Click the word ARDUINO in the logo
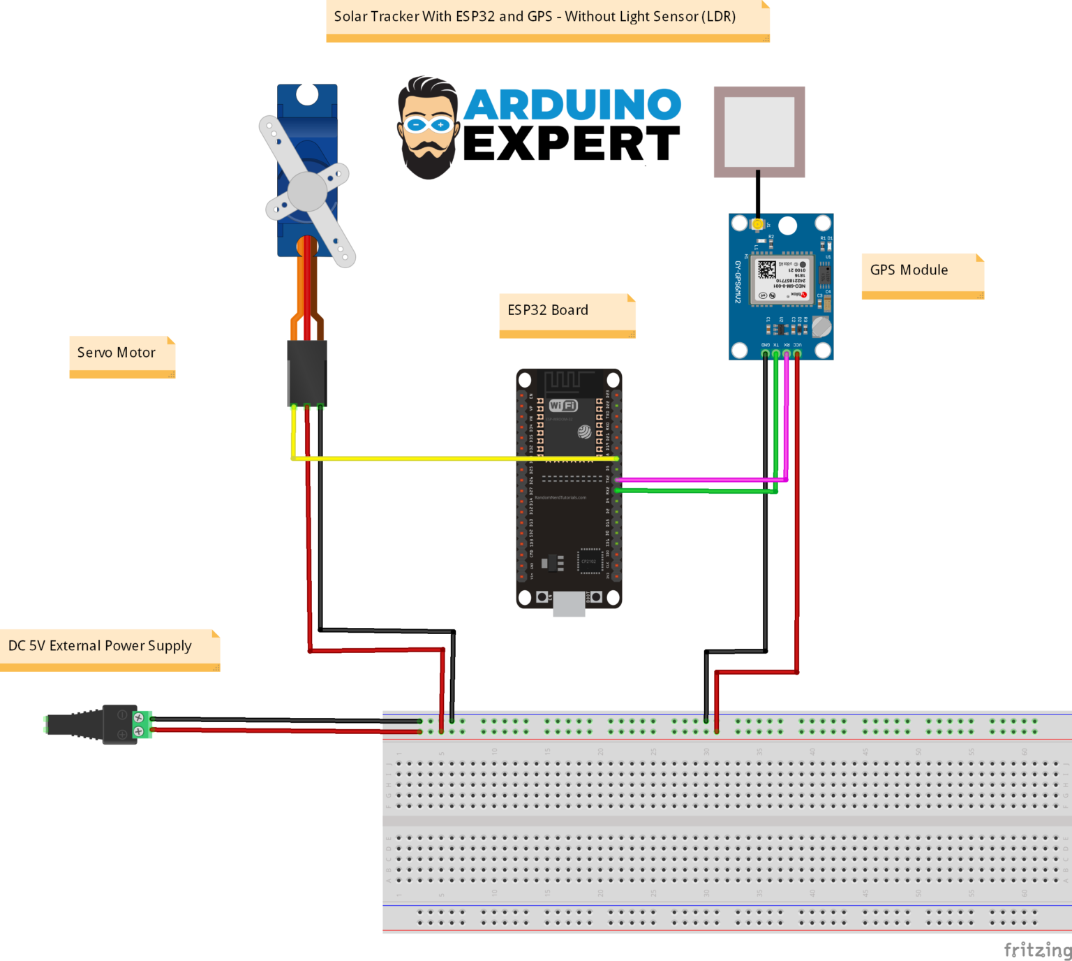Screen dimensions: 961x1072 coord(572,105)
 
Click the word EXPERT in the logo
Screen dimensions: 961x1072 coord(571,144)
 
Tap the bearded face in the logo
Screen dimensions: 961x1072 coord(428,129)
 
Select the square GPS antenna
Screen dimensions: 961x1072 coord(759,132)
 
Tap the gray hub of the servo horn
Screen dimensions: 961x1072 coord(307,191)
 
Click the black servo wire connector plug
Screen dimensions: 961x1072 coord(307,373)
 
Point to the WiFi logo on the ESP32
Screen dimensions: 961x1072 coord(563,406)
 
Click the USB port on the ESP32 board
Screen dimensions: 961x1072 coord(569,603)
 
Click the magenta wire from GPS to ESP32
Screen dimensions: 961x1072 coord(698,480)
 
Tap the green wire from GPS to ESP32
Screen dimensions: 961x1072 coord(698,491)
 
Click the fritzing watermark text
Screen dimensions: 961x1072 coord(1037,950)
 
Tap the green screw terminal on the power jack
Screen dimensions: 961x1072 coord(142,724)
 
